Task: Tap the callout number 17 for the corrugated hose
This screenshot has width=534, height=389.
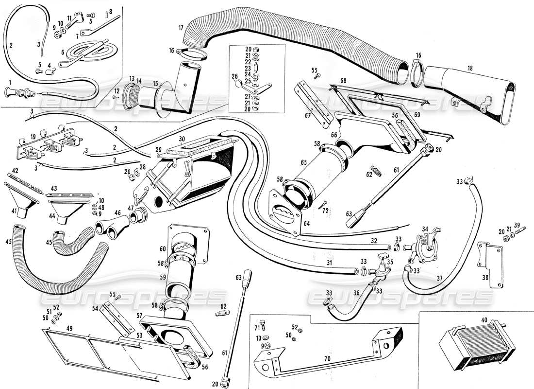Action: (x=180, y=27)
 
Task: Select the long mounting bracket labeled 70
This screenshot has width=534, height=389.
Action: (x=330, y=355)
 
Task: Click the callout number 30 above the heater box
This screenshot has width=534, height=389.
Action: (x=182, y=139)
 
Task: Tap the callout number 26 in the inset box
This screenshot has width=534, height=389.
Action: (x=235, y=76)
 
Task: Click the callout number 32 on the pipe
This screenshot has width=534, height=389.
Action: (x=373, y=240)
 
